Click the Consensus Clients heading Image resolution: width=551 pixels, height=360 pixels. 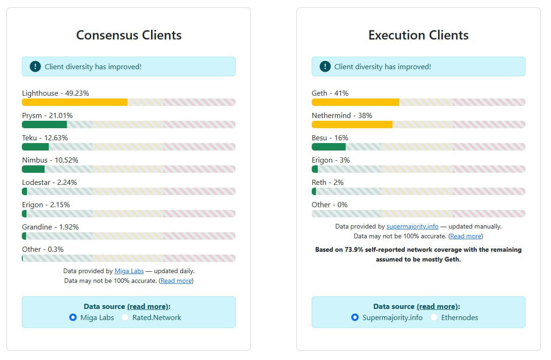(x=129, y=35)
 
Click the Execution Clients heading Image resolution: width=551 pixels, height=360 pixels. (x=418, y=35)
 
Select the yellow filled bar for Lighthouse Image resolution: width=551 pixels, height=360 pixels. (x=74, y=102)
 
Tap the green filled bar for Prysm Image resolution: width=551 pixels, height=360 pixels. (x=44, y=124)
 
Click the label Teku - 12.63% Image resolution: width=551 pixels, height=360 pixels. (x=45, y=137)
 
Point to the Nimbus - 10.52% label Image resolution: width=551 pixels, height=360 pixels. (x=50, y=160)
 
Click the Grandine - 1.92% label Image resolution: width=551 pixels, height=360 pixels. (x=50, y=227)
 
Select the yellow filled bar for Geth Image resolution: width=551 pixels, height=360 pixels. (x=355, y=102)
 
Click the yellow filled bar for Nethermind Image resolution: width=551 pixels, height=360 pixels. (x=352, y=124)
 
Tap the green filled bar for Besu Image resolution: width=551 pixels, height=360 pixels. (x=328, y=147)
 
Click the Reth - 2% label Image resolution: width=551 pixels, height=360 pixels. (x=328, y=182)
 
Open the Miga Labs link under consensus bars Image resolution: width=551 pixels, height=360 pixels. (x=129, y=271)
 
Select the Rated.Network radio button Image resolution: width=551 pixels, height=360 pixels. (x=125, y=318)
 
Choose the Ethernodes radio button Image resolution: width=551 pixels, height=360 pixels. (x=433, y=318)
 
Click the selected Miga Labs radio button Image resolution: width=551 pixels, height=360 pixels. (x=73, y=318)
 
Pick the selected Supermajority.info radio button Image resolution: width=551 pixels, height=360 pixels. (x=355, y=318)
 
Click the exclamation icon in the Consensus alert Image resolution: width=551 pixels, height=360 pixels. (x=35, y=66)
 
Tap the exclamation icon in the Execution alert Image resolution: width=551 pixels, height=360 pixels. (x=325, y=66)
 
